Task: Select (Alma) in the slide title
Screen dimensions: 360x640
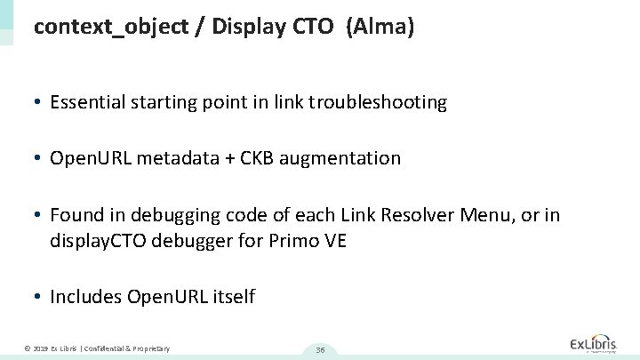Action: [382, 28]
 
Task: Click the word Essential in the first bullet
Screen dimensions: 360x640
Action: [86, 103]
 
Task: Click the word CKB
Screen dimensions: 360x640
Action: [262, 159]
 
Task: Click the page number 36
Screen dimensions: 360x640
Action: [319, 349]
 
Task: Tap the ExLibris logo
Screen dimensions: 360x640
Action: [597, 345]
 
